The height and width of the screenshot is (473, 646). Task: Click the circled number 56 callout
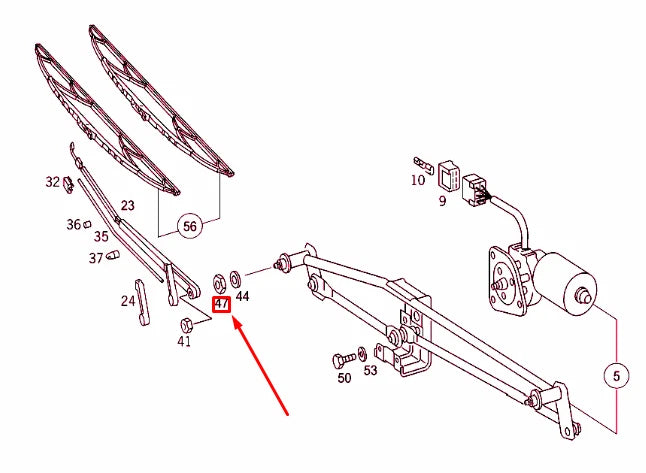[x=190, y=226]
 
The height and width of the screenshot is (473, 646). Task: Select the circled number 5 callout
[x=616, y=376]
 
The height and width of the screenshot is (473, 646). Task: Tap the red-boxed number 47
[x=222, y=304]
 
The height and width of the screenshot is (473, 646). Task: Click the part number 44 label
[x=242, y=296]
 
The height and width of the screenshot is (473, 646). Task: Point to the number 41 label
[x=184, y=341]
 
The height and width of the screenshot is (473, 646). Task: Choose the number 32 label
[x=53, y=182]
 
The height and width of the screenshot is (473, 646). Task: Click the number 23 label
[x=127, y=205]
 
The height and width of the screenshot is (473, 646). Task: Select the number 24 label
[x=128, y=301]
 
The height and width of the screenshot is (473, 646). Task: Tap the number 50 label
[x=344, y=377]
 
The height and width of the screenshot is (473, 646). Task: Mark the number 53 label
[x=370, y=370]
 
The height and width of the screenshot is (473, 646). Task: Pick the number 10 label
[x=417, y=180]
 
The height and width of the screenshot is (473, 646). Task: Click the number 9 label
[x=442, y=201]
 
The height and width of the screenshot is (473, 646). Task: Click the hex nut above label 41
[x=187, y=325]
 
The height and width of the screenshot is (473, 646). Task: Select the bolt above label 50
[x=344, y=360]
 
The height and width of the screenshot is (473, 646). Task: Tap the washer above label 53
[x=363, y=354]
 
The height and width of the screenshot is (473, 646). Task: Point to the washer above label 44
[x=236, y=278]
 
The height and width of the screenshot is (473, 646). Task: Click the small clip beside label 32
[x=68, y=184]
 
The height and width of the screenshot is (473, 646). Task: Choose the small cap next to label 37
[x=112, y=255]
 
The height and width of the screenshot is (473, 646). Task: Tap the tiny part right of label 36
[x=87, y=224]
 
